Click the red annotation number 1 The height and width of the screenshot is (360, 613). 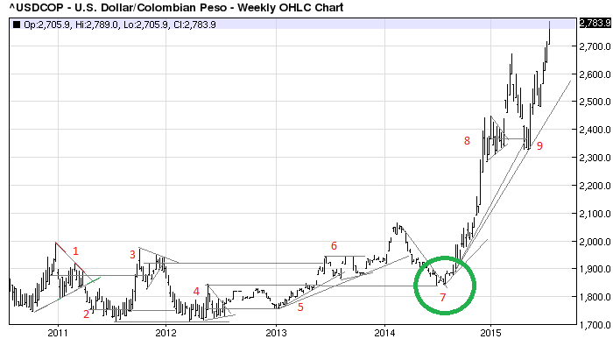(76, 252)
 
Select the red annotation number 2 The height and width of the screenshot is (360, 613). (87, 314)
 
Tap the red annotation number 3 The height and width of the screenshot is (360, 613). (133, 255)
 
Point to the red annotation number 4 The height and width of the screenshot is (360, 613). (196, 292)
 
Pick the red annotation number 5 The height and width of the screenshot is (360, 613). (300, 307)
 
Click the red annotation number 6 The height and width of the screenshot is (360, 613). (334, 245)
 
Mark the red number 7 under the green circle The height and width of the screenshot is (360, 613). (443, 322)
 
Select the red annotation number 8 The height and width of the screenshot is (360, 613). (468, 140)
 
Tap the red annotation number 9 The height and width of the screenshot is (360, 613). (539, 146)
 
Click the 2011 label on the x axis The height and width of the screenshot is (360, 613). (58, 333)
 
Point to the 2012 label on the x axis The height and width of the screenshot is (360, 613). (166, 333)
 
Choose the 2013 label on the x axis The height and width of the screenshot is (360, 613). (276, 333)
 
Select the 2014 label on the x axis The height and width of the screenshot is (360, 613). (385, 333)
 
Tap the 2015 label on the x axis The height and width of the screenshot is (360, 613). (493, 333)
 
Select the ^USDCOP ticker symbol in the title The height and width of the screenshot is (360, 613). (30, 8)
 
